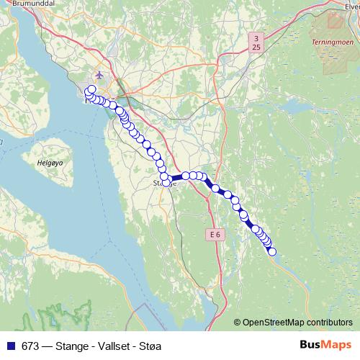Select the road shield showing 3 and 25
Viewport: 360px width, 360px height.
256,42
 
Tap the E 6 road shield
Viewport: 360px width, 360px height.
214,234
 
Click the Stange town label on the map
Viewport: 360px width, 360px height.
163,184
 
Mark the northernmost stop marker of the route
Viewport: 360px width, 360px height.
91,89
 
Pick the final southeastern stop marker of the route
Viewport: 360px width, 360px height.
272,251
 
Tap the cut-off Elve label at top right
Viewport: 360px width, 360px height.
351,4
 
